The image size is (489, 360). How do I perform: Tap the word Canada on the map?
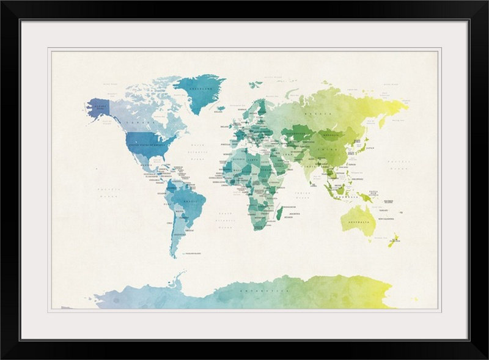coord(136,122)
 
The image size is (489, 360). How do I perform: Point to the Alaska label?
coord(100,106)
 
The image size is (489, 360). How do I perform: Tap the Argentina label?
coord(179,234)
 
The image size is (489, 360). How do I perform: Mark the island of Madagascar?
coord(280,213)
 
